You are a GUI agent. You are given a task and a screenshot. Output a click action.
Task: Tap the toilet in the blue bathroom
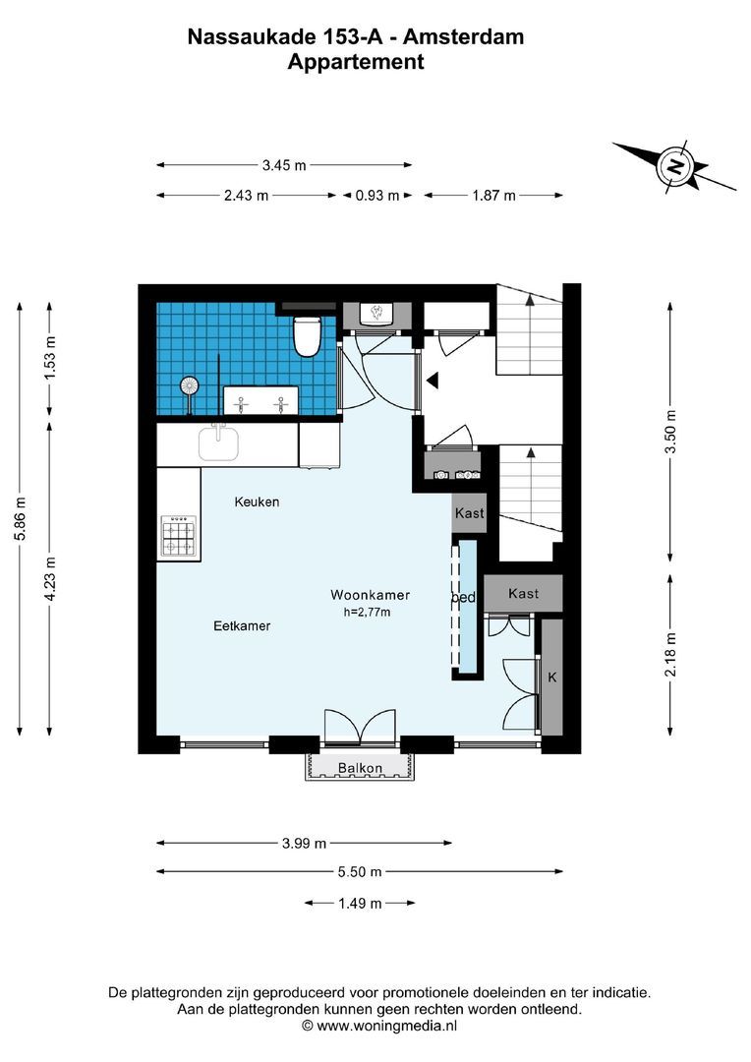coord(307,334)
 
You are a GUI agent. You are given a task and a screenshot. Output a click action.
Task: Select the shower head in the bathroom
coord(189,385)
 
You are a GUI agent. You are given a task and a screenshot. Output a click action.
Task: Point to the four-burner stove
coord(178,536)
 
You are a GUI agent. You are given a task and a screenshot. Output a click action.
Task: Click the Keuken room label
coord(257,501)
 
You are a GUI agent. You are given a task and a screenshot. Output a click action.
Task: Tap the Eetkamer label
coord(242,625)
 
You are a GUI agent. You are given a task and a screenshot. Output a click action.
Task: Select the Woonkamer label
coord(370,595)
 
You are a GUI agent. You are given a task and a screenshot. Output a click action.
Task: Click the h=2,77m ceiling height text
coord(367,613)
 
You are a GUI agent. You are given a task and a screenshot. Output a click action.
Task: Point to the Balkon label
coord(358,767)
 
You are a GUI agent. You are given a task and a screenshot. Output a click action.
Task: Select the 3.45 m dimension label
coord(284,166)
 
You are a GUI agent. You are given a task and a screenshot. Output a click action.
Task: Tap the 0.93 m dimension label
coord(377,196)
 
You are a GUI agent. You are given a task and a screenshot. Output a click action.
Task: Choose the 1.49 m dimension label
coord(360,904)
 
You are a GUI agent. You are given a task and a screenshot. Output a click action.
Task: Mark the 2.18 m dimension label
coord(671,654)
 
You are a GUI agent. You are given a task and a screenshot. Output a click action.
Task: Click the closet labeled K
coord(552,678)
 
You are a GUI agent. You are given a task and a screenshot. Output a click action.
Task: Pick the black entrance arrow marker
coord(431,380)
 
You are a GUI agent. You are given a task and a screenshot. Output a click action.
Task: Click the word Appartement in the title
coord(355,62)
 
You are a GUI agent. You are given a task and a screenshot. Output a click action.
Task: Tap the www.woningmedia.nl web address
coord(386,1025)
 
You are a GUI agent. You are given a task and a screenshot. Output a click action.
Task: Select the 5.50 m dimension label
coord(360,871)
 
